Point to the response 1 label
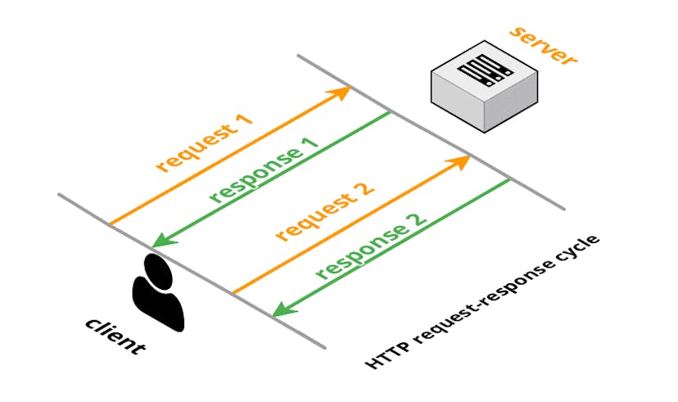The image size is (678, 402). tap(264, 169)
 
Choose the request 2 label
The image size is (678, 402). tap(325, 212)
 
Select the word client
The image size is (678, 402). tap(115, 335)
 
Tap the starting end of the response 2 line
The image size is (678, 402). tap(509, 181)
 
